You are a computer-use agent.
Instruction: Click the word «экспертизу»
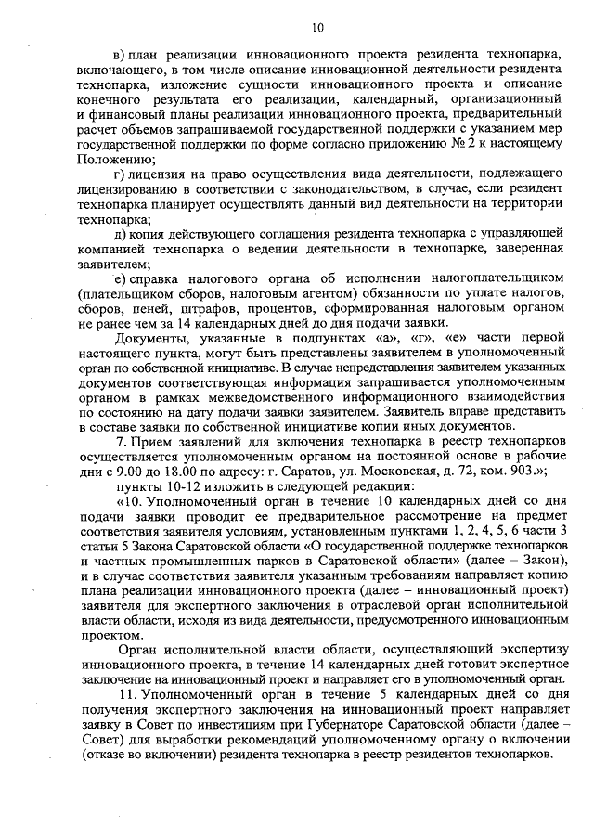[x=525, y=650]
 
